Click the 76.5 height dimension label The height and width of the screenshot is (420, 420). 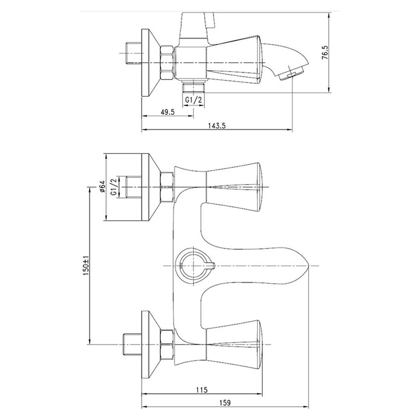[x=325, y=53]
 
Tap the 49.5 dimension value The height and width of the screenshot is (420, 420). [x=168, y=112]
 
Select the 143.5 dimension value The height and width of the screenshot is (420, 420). [x=217, y=126]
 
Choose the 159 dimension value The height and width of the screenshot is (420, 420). [x=225, y=403]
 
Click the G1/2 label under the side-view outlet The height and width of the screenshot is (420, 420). [x=193, y=100]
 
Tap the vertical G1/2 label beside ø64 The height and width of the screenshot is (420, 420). [x=113, y=187]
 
